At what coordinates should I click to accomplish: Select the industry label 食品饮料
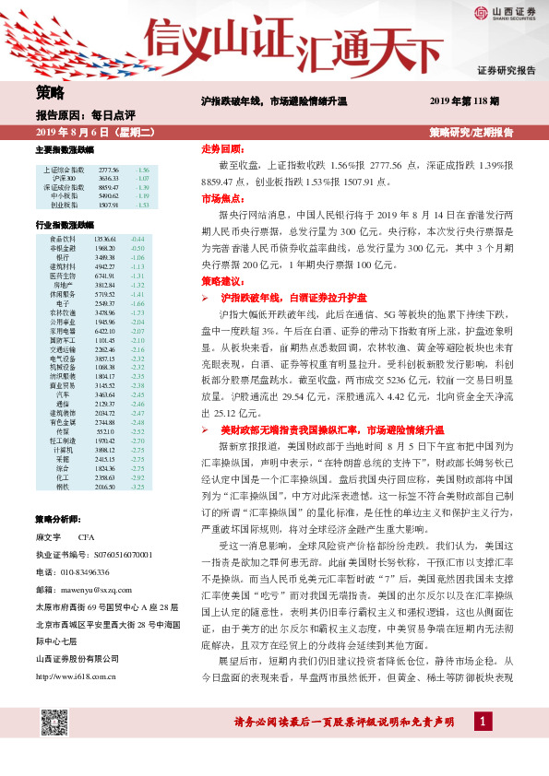point(63,239)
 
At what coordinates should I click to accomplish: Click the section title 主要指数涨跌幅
point(65,150)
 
